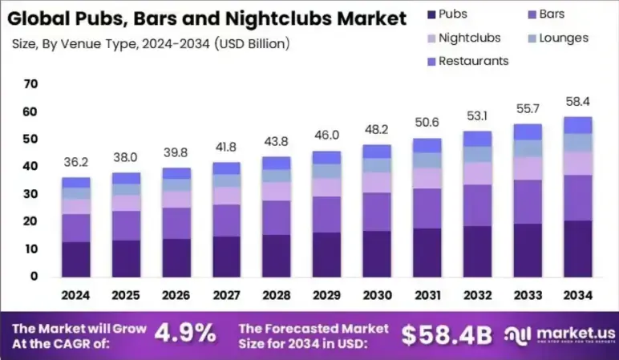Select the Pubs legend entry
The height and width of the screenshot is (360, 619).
tap(453, 14)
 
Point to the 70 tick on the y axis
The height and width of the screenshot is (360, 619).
tap(31, 84)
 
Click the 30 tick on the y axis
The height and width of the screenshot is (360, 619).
tap(31, 194)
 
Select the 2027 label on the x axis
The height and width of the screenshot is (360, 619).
tap(226, 295)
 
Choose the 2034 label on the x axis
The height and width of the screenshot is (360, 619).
tap(577, 295)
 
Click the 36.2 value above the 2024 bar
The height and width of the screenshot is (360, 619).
tap(76, 161)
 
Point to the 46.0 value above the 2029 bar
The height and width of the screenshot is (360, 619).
tap(326, 136)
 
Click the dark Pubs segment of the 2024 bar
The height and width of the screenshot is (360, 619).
tap(76, 258)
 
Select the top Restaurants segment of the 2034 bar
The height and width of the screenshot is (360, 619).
tap(577, 124)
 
